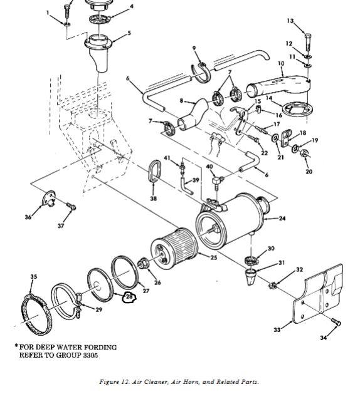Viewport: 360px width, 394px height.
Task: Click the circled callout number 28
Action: [x=129, y=297]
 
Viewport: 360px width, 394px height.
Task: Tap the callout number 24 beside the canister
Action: [x=282, y=218]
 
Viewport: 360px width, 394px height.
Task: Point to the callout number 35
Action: [x=34, y=277]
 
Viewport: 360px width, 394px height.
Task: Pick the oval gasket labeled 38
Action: [x=154, y=171]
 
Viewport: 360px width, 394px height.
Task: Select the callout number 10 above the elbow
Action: [x=281, y=63]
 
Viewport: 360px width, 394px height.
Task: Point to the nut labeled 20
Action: [x=304, y=153]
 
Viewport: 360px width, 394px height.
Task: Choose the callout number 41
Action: [x=167, y=158]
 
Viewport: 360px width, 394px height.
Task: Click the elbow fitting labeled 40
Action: [x=218, y=181]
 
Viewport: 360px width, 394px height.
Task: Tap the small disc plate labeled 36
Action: [x=48, y=198]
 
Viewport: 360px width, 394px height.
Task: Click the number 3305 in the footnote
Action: [x=89, y=355]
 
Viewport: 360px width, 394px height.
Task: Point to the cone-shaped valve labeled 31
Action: [x=251, y=276]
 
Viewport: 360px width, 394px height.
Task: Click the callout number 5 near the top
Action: [x=129, y=33]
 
